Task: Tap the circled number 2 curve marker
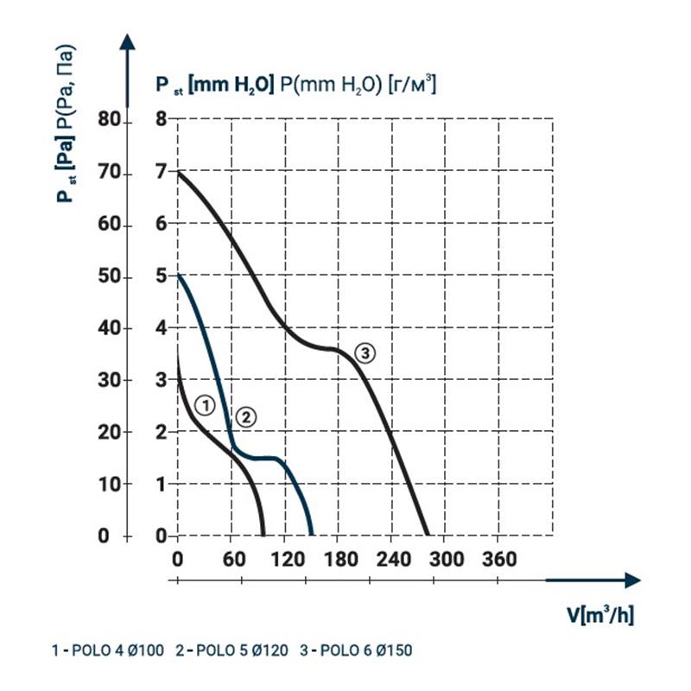246,417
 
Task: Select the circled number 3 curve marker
365,352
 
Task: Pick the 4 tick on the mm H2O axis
160,328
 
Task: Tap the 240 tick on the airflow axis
391,560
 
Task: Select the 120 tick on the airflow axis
285,560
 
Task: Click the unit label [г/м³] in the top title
411,84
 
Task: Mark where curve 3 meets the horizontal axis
426,536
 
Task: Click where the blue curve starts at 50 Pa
178,276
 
